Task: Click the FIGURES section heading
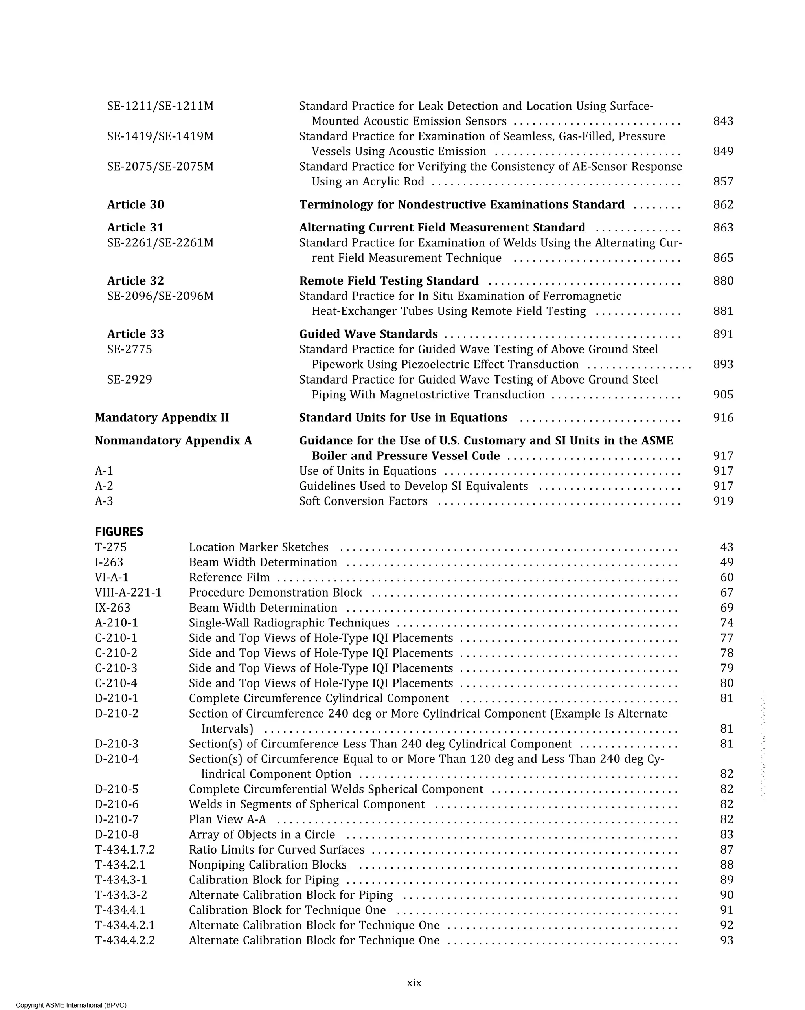pyautogui.click(x=119, y=532)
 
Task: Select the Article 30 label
pyautogui.click(x=136, y=205)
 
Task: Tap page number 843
pyautogui.click(x=722, y=121)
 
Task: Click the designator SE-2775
pyautogui.click(x=129, y=349)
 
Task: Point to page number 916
pyautogui.click(x=722, y=418)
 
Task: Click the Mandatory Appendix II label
pyautogui.click(x=162, y=418)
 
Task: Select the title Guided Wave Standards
pyautogui.click(x=368, y=334)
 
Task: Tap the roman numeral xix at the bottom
pyautogui.click(x=414, y=983)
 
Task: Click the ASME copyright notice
pyautogui.click(x=71, y=1005)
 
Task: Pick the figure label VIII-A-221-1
pyautogui.click(x=128, y=593)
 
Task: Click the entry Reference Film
pyautogui.click(x=229, y=578)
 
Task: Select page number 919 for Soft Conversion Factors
pyautogui.click(x=722, y=501)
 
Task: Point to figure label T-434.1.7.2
pyautogui.click(x=125, y=850)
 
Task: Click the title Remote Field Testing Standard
pyautogui.click(x=389, y=281)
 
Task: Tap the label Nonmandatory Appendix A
pyautogui.click(x=173, y=441)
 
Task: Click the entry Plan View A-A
pyautogui.click(x=227, y=819)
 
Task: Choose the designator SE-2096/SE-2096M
pyautogui.click(x=160, y=296)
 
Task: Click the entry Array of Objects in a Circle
pyautogui.click(x=262, y=834)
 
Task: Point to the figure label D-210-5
pyautogui.click(x=117, y=790)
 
